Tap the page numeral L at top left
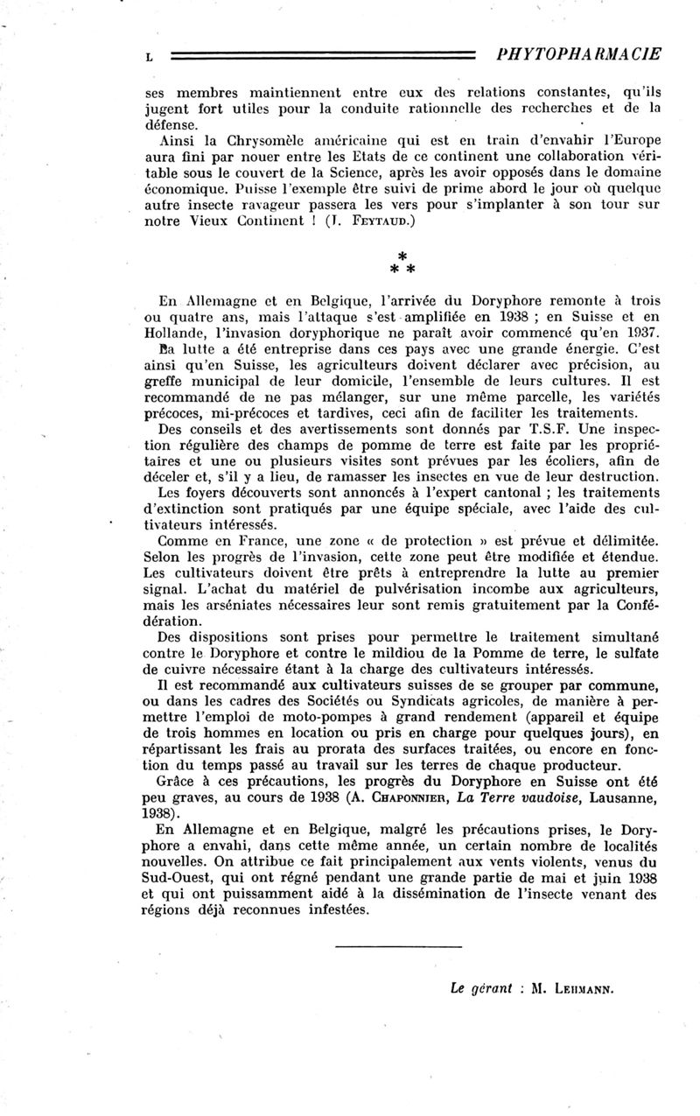pyautogui.click(x=150, y=56)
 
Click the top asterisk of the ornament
pyautogui.click(x=400, y=253)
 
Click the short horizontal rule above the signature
pyautogui.click(x=398, y=946)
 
